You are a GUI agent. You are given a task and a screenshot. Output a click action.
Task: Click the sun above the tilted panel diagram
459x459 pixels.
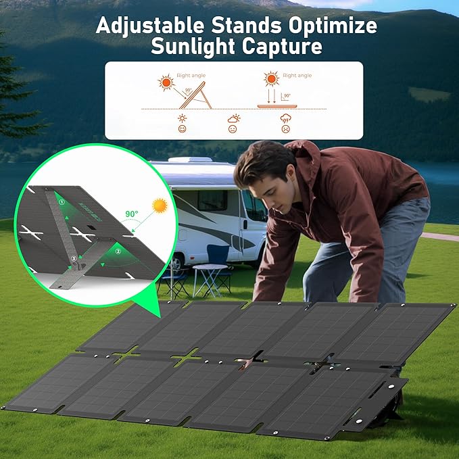click(166, 82)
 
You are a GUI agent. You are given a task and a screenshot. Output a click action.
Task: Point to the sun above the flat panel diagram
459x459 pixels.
click(272, 80)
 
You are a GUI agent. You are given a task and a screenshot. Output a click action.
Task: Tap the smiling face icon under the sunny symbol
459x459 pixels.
click(183, 128)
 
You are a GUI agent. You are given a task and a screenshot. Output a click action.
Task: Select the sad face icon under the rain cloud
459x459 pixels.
click(285, 128)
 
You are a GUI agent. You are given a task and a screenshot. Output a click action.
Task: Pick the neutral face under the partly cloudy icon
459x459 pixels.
click(233, 128)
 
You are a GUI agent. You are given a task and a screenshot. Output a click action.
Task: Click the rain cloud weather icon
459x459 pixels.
click(285, 118)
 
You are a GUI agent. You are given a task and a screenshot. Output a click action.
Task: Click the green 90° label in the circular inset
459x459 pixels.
click(131, 214)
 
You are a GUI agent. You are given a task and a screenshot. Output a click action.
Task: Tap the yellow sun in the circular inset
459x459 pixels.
click(160, 205)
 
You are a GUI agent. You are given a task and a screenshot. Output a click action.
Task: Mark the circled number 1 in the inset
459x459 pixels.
click(61, 201)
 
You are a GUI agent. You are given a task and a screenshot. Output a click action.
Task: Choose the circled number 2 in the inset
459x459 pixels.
click(119, 251)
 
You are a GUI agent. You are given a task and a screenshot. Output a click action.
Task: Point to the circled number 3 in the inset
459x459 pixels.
click(74, 258)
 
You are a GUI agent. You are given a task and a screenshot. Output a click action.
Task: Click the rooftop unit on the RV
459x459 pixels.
click(190, 160)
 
